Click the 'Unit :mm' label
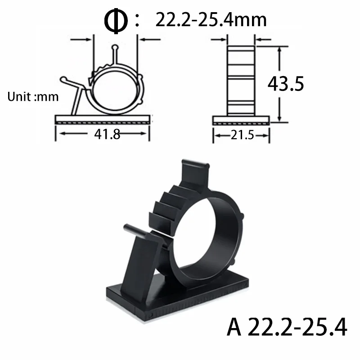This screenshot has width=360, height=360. point(33,97)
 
